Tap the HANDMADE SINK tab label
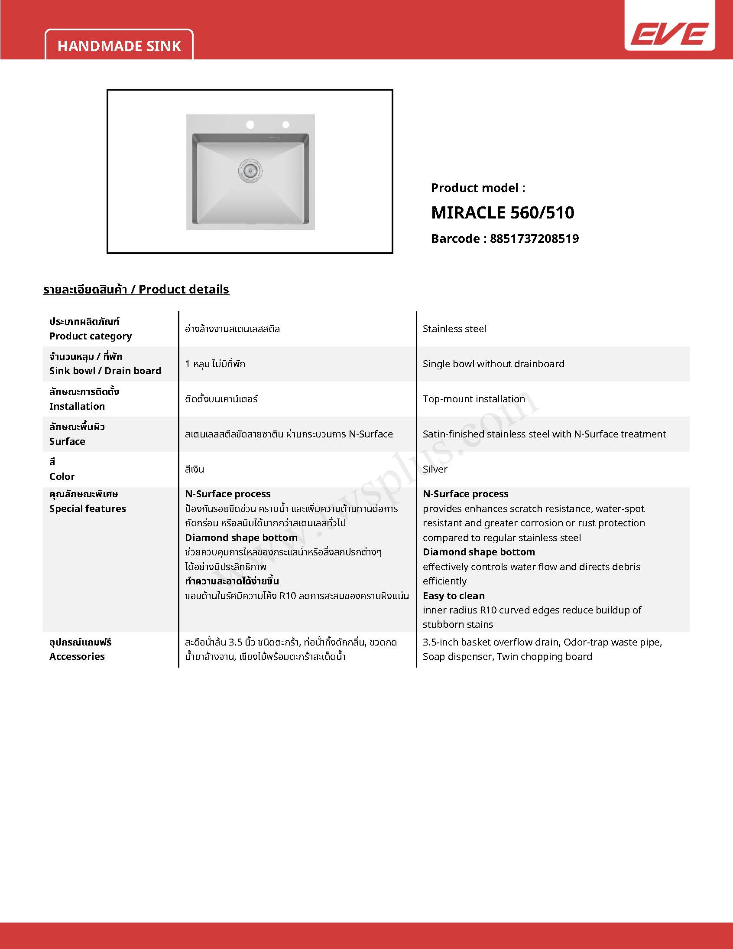119,46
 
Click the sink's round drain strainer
250,170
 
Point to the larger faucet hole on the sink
250,125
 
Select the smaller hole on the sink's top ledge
286,125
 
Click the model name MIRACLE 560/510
503,212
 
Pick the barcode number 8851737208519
534,238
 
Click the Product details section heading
136,290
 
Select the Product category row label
90,336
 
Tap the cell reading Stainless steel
454,329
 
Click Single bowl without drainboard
493,364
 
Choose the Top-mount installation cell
474,399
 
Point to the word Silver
435,469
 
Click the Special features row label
87,509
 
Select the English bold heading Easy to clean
453,596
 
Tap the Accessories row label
77,656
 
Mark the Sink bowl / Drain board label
105,371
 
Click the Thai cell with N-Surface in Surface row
289,434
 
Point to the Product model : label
478,188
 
